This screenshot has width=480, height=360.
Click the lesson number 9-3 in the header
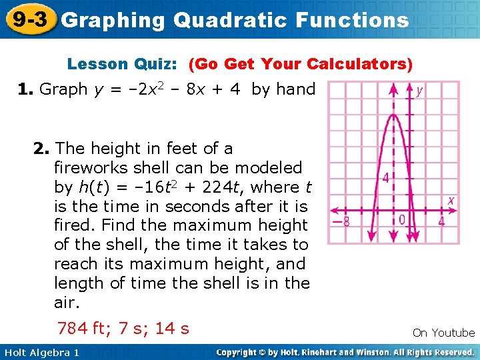tap(29, 19)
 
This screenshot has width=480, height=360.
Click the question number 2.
tap(41, 148)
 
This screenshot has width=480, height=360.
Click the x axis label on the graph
tap(451, 200)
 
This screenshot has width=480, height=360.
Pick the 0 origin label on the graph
tap(402, 219)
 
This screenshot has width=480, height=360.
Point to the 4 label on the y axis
tap(385, 178)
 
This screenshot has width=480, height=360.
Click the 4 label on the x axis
tap(441, 221)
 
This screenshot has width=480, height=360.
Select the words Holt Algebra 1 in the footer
tap(41, 352)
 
